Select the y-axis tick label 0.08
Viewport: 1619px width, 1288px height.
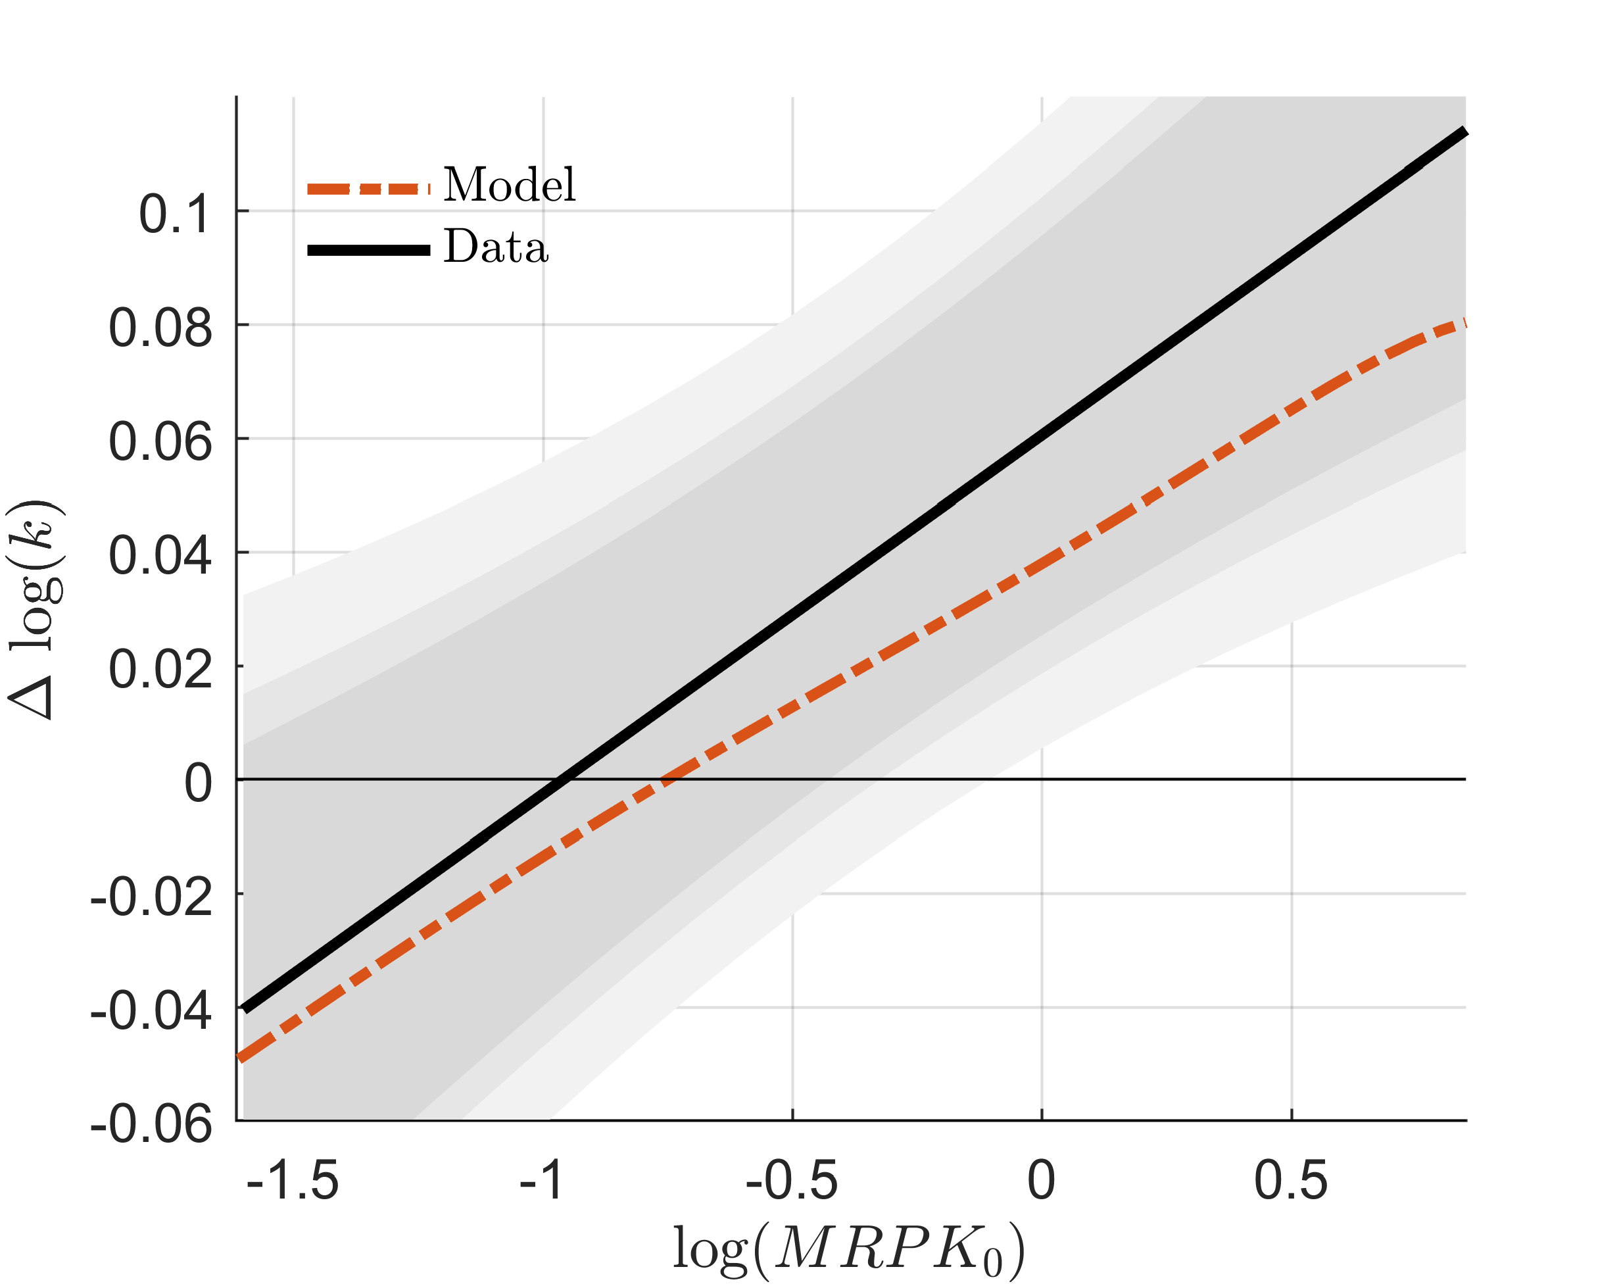point(160,328)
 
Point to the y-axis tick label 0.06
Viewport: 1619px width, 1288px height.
point(160,441)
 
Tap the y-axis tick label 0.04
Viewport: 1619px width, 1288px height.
point(160,556)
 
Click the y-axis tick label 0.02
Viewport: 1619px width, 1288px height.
point(160,669)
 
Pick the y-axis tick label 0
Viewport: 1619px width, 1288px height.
point(198,783)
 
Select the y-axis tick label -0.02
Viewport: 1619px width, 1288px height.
point(151,897)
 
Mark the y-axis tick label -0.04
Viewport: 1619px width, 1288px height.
point(151,1011)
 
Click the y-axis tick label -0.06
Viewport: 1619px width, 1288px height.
point(151,1124)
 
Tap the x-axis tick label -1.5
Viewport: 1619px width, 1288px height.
point(293,1181)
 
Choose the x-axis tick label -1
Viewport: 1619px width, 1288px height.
point(541,1181)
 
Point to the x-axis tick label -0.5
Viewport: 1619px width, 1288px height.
point(792,1181)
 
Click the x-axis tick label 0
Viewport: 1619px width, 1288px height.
point(1041,1181)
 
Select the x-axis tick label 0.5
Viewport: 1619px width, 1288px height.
point(1291,1181)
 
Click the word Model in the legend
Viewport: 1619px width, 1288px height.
point(509,185)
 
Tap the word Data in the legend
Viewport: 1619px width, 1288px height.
point(496,247)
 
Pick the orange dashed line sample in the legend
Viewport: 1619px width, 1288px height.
point(368,189)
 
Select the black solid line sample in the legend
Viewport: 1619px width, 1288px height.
point(368,251)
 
